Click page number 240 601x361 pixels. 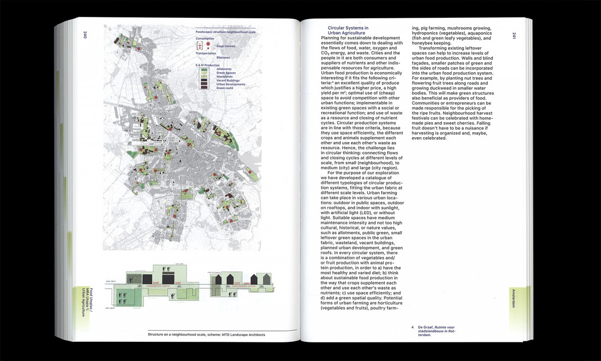click(85, 35)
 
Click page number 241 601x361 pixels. click(514, 35)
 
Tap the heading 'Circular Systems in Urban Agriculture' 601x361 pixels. click(348, 30)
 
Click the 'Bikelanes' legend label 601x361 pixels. click(223, 57)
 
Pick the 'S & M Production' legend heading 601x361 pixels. click(207, 64)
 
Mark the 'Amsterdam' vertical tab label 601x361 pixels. click(514, 298)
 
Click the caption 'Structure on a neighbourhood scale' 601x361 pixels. click(206, 335)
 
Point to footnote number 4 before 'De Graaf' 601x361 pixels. click(412, 327)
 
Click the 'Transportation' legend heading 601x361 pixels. click(205, 53)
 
